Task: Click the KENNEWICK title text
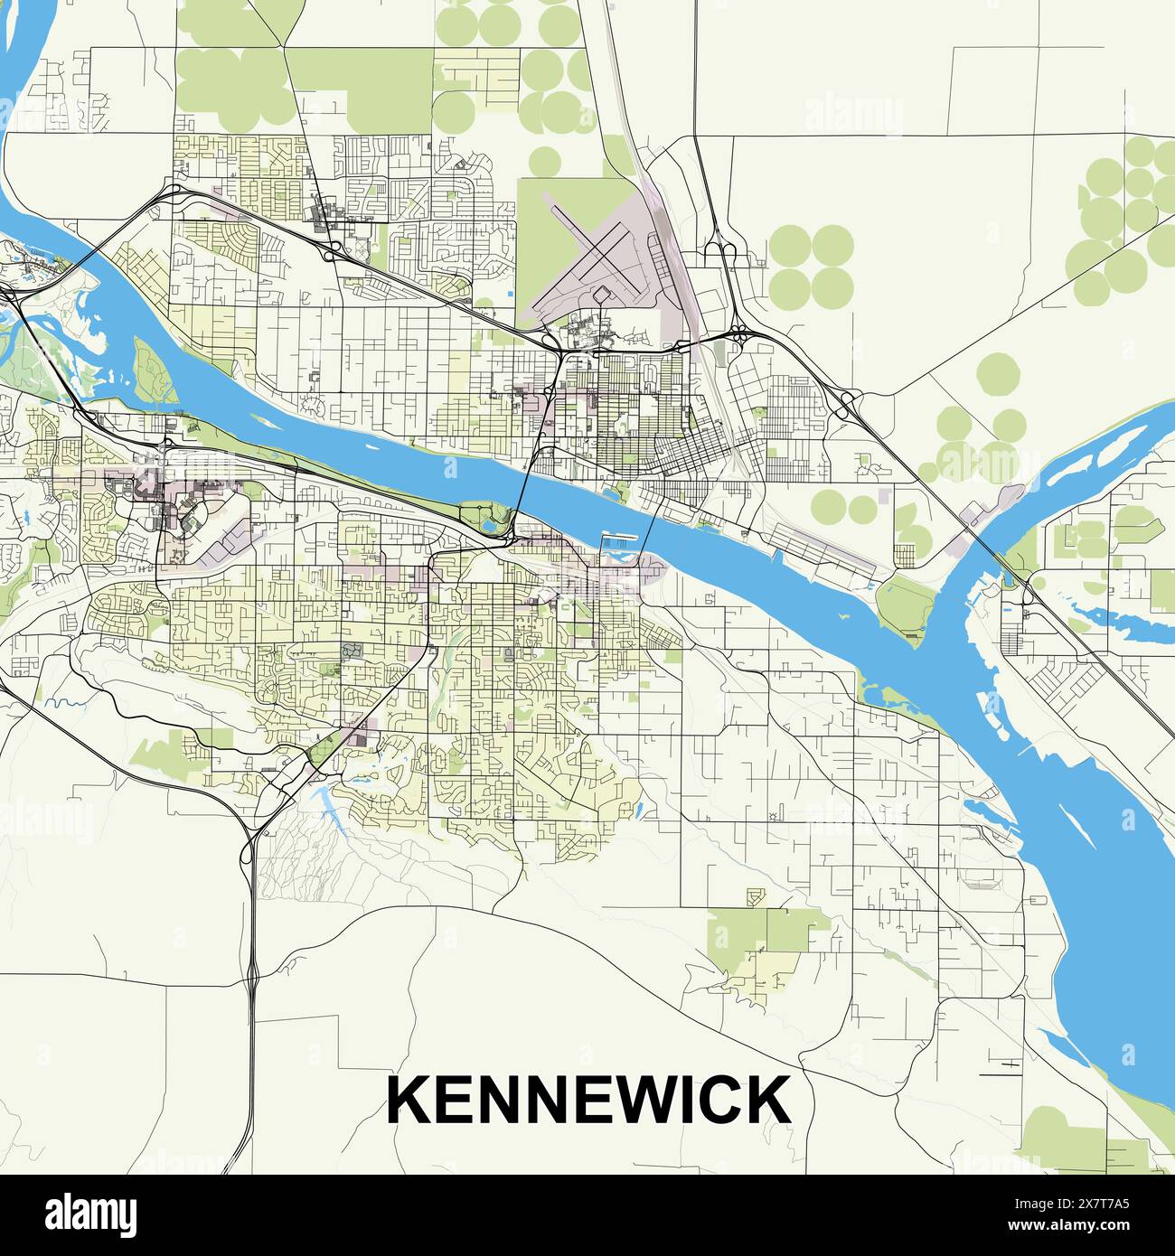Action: (588, 1099)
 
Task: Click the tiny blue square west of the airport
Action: (512, 295)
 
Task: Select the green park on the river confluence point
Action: (906, 603)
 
